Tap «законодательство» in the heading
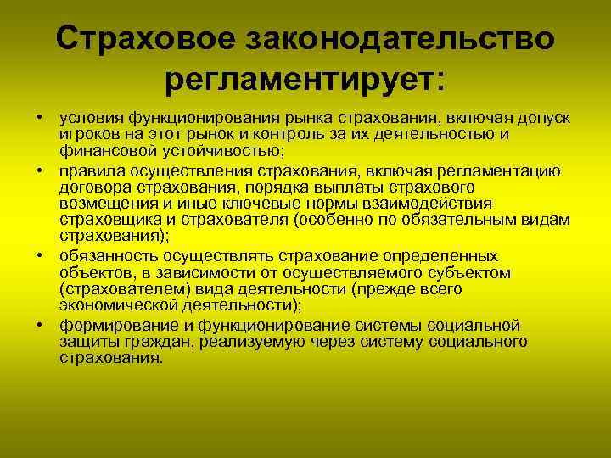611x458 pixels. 401,39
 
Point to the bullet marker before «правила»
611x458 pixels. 40,171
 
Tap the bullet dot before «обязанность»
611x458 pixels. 40,256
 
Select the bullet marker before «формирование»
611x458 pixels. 40,326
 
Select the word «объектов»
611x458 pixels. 93,272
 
